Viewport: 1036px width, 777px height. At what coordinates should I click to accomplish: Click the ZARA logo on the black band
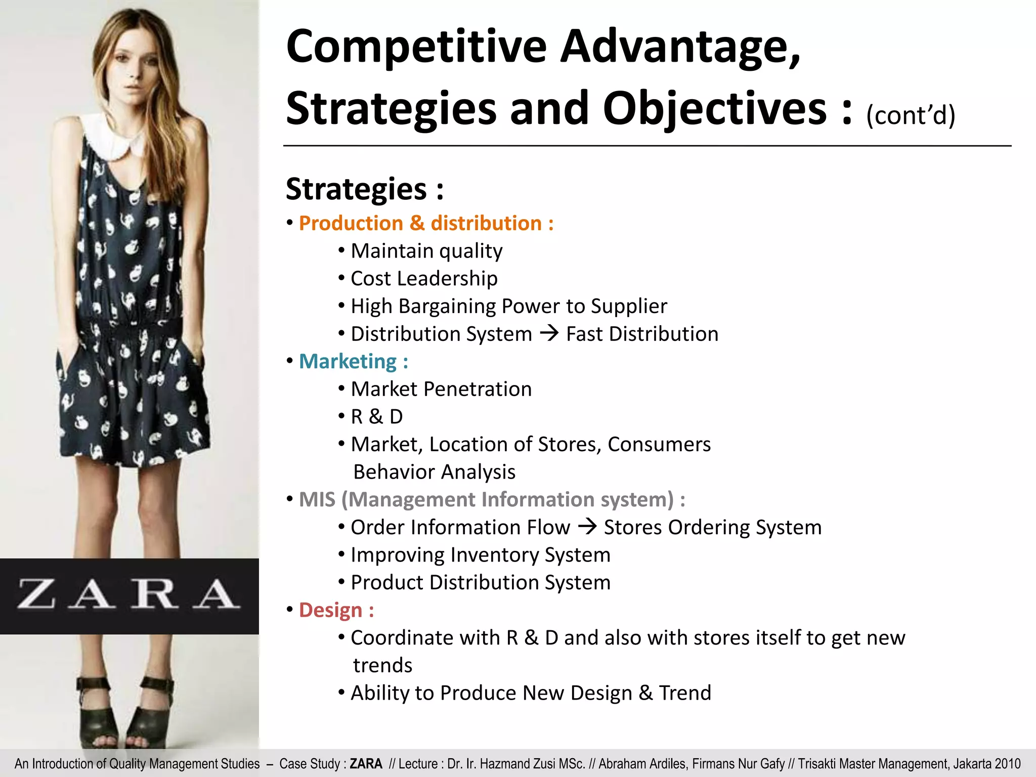(129, 595)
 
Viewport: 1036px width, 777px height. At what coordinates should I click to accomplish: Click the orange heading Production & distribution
(426, 224)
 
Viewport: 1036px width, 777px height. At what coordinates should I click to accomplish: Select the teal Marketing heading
(353, 362)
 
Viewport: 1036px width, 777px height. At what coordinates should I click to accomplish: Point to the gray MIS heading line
(492, 500)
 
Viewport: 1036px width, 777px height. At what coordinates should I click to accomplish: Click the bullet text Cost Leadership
(424, 279)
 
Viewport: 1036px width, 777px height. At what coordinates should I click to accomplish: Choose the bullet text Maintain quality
(426, 251)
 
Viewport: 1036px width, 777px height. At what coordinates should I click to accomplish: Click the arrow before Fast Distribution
(549, 333)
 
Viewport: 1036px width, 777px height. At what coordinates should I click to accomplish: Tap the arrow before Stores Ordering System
(587, 527)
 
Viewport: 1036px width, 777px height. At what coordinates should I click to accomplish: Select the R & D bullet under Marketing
(377, 417)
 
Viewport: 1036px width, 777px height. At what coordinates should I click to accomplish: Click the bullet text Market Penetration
(441, 390)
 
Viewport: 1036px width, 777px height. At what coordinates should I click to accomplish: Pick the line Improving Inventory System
(481, 555)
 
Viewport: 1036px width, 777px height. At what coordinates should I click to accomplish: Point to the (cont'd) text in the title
(911, 115)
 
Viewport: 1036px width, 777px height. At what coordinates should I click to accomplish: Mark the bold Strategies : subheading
(365, 189)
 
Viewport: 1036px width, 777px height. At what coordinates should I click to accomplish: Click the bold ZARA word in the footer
(366, 764)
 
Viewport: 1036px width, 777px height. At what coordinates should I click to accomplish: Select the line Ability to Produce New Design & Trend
(531, 693)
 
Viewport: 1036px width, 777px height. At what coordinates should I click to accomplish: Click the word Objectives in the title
(714, 109)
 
